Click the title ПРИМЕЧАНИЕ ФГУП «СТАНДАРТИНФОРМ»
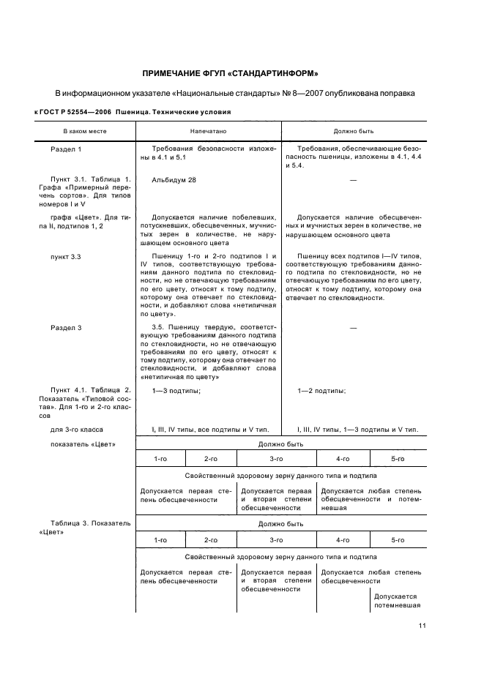(x=229, y=73)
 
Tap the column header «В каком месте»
(x=84, y=131)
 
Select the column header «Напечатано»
(x=208, y=131)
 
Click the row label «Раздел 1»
(x=66, y=149)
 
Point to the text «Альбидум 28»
(x=174, y=179)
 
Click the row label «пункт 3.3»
(x=66, y=257)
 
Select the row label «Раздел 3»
(x=66, y=328)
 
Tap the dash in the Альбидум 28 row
(x=353, y=179)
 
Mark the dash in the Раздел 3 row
(x=353, y=328)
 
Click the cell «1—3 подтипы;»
(x=176, y=391)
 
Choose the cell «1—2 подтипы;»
(x=321, y=391)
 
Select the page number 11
(x=422, y=626)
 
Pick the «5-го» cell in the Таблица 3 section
(x=398, y=539)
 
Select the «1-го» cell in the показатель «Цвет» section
(x=160, y=459)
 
